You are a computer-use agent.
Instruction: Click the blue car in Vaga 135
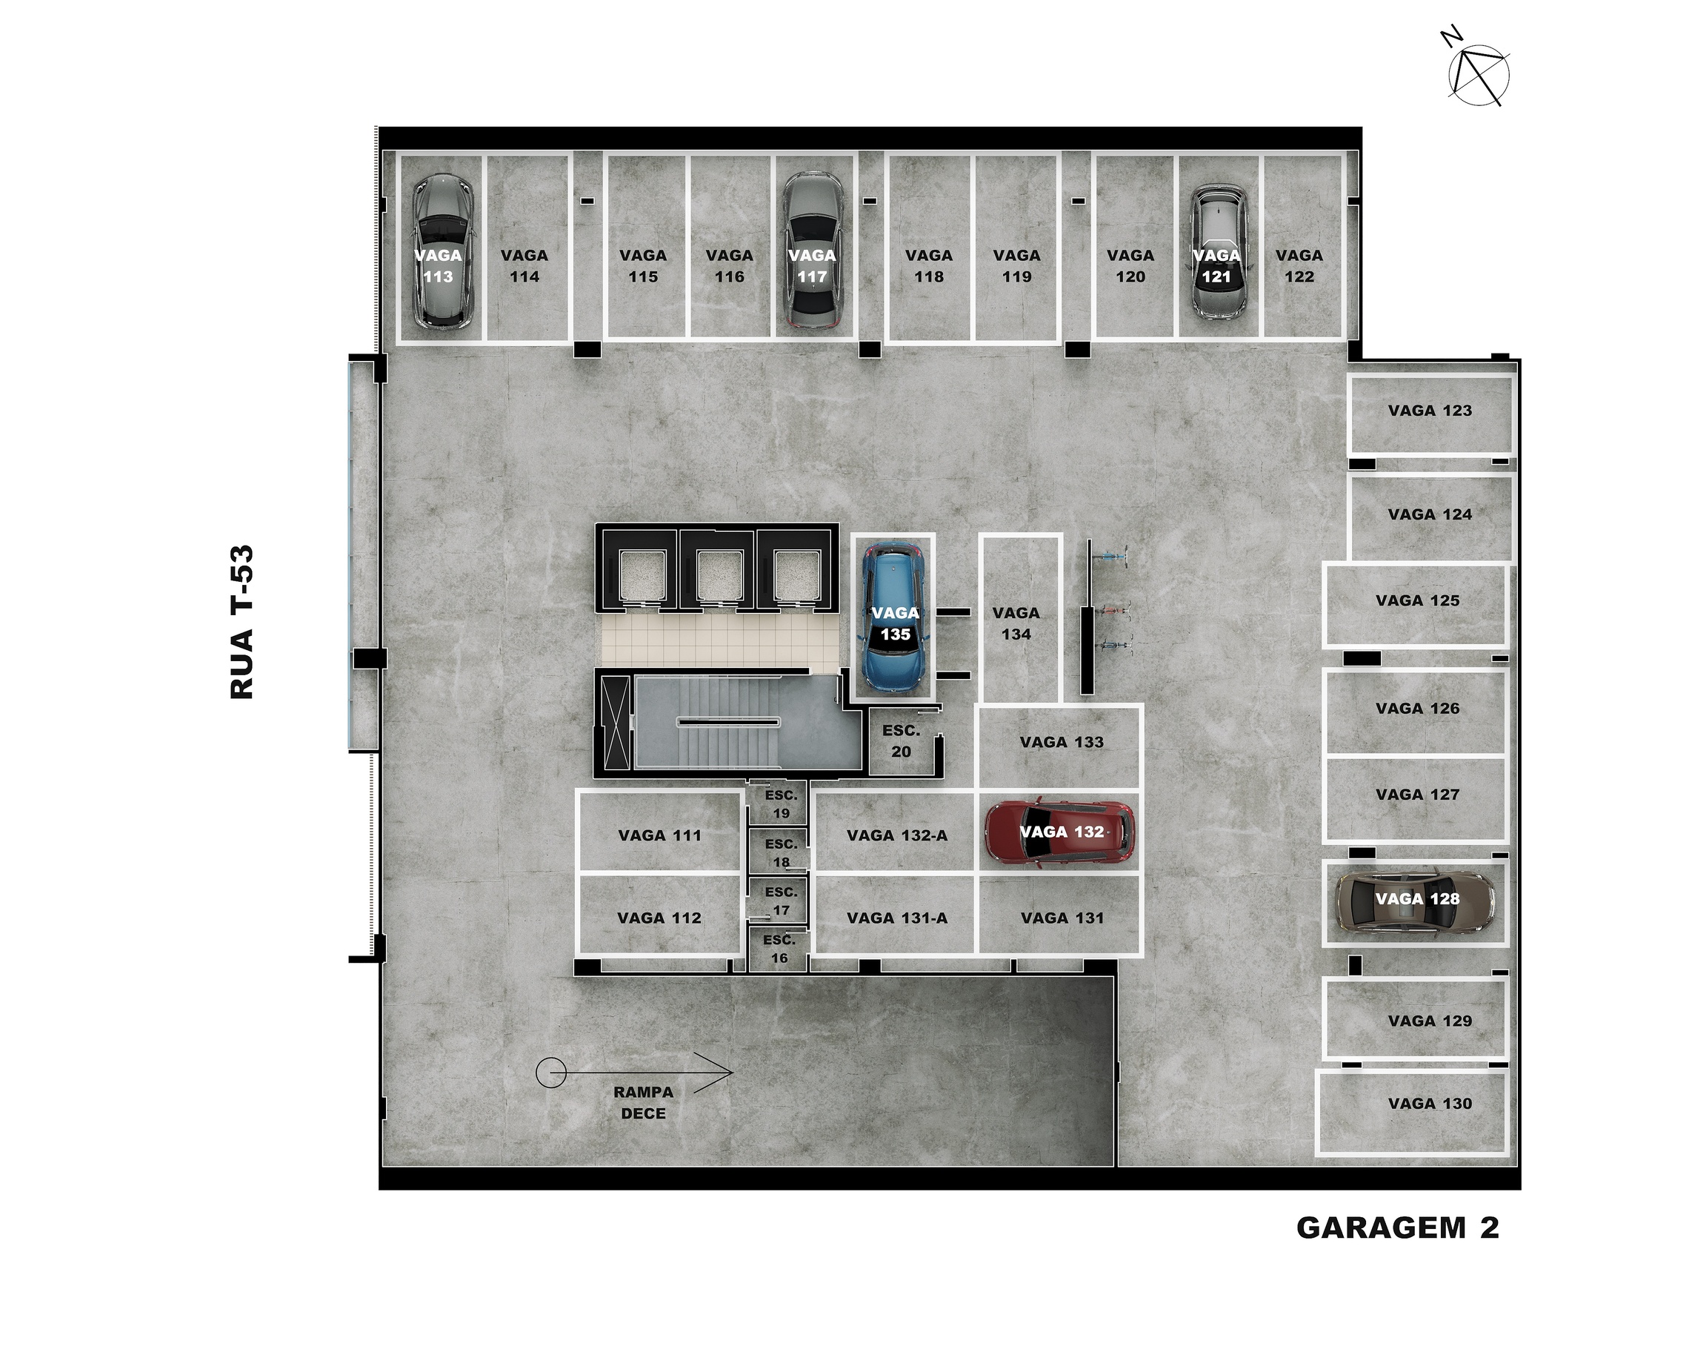[x=894, y=618]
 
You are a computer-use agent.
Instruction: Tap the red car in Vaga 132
[x=1060, y=833]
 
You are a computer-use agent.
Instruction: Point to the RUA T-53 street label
[x=242, y=622]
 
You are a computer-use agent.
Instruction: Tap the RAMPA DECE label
[x=643, y=1103]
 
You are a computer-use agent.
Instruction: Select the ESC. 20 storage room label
[x=901, y=740]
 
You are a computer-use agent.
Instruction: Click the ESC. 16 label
[x=779, y=948]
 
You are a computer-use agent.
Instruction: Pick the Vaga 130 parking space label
[x=1430, y=1104]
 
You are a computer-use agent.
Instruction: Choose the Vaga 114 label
[x=524, y=265]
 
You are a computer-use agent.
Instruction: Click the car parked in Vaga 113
[x=442, y=251]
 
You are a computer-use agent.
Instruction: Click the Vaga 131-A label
[x=897, y=918]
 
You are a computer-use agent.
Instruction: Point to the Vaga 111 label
[x=659, y=835]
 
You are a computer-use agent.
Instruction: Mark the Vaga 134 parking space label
[x=1016, y=623]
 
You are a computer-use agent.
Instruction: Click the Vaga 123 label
[x=1430, y=411]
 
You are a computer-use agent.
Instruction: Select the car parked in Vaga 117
[x=813, y=249]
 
